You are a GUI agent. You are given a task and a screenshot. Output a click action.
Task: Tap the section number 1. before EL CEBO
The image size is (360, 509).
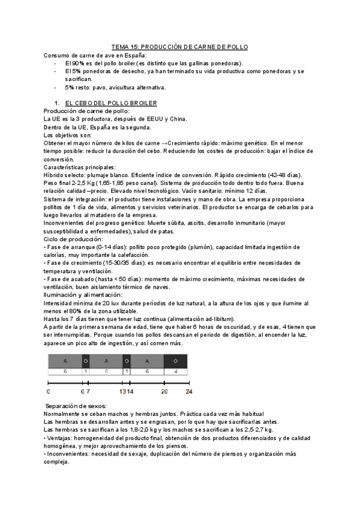click(57, 103)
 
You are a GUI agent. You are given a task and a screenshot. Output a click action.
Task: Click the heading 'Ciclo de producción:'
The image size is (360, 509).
click(72, 239)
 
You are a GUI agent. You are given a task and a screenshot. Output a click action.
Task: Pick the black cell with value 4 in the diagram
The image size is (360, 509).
click(175, 372)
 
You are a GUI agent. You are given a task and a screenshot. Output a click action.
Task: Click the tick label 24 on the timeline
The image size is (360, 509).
click(188, 391)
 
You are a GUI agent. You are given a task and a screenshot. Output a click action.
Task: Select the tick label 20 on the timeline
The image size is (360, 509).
click(164, 391)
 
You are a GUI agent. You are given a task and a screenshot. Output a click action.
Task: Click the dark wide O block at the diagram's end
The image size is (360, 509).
click(175, 361)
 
